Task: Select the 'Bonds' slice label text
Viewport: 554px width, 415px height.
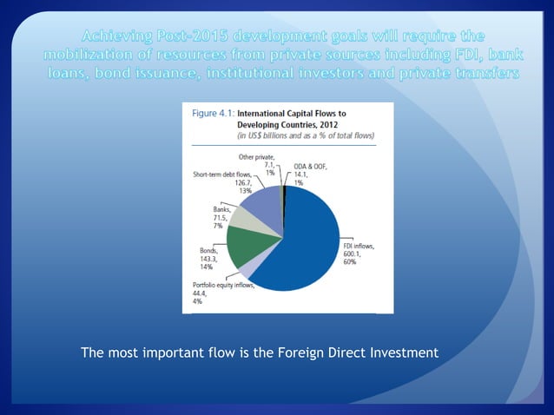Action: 208,251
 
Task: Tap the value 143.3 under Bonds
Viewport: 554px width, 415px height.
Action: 209,260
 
